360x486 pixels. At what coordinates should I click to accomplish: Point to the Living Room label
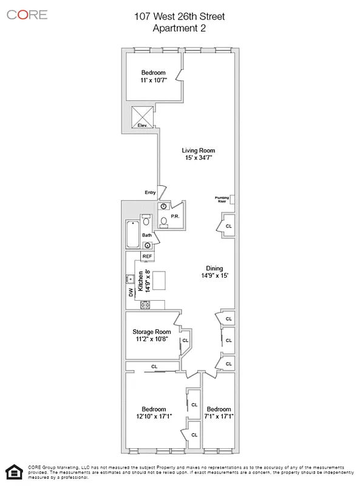tap(199, 150)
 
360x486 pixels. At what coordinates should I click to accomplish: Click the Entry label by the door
tap(150, 193)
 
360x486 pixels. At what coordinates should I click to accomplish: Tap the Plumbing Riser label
tap(222, 199)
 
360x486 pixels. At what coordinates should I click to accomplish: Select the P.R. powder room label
tap(174, 216)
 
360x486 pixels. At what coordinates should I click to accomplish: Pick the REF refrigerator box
tap(147, 256)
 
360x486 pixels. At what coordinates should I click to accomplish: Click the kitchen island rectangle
tap(160, 281)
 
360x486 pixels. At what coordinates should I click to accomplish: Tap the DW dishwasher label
tap(131, 292)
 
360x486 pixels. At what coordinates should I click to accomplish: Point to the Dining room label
tap(214, 268)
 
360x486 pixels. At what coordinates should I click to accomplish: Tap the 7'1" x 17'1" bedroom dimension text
tap(218, 416)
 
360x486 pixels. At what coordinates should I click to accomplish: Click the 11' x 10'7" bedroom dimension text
tap(153, 80)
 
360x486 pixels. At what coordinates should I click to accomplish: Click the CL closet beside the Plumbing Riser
tap(228, 225)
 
